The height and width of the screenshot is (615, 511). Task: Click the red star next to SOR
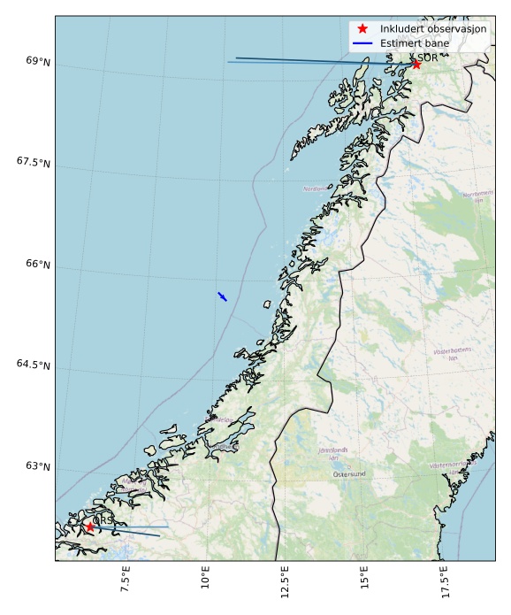click(416, 64)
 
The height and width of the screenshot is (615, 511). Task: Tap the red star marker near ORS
click(90, 527)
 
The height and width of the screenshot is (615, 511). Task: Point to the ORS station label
click(103, 520)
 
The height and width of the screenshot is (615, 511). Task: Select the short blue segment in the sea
click(222, 296)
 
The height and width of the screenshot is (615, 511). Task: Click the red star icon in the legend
click(362, 28)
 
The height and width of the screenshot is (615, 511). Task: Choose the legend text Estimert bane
click(415, 42)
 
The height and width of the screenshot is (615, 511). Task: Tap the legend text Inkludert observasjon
click(433, 28)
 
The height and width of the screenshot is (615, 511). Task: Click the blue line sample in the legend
click(362, 42)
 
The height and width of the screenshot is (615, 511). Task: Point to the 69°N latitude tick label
click(38, 61)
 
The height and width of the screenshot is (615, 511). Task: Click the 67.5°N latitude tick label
click(33, 163)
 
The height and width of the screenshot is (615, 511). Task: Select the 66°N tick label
click(38, 264)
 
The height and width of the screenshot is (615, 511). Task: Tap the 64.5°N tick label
click(33, 365)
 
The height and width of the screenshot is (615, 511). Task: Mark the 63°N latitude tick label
click(38, 466)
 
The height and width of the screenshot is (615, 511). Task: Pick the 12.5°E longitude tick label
click(284, 584)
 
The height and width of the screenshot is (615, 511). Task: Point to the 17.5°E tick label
click(443, 584)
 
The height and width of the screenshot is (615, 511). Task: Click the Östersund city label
click(349, 474)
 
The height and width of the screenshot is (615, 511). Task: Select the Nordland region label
click(313, 188)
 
